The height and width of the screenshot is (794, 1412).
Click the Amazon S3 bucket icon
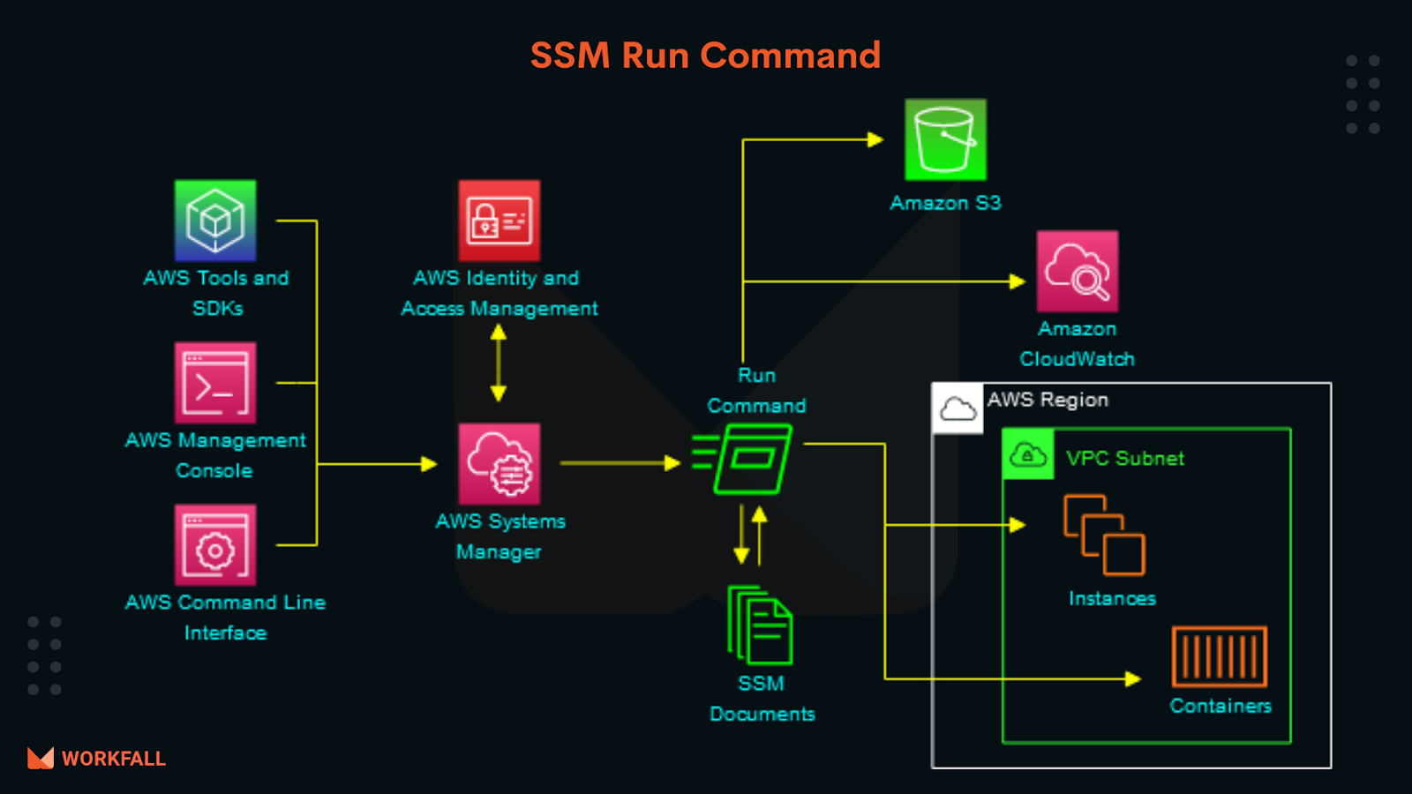pos(945,140)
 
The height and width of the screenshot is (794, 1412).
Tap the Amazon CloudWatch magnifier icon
pos(1077,272)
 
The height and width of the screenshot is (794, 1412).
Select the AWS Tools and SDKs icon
pos(215,221)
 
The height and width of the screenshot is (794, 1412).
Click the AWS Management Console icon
pos(215,383)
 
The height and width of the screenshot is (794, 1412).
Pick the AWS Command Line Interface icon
pos(215,545)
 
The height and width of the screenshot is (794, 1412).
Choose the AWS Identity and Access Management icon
pos(499,221)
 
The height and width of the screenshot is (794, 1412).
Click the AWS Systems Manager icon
pos(499,464)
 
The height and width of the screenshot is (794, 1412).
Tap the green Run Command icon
pos(746,459)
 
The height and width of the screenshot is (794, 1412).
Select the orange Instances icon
pos(1104,535)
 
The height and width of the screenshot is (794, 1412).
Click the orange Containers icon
pos(1220,656)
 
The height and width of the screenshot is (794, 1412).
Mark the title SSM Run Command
pos(705,56)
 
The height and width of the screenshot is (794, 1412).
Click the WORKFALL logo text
pos(113,759)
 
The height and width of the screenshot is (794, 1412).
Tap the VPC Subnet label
pos(1124,459)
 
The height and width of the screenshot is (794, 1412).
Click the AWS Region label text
pos(1048,400)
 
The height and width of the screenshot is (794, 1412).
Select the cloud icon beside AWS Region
pos(958,408)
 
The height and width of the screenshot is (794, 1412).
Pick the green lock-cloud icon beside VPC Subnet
pos(1027,455)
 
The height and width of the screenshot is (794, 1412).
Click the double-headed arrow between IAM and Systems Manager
pos(499,363)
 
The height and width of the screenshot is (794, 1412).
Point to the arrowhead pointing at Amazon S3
pos(875,139)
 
